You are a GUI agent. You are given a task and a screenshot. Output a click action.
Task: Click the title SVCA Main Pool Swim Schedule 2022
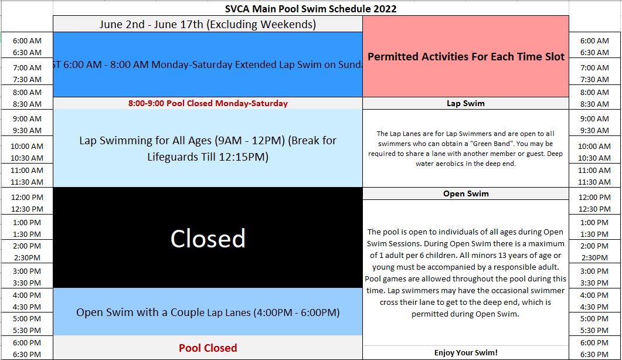[311, 9]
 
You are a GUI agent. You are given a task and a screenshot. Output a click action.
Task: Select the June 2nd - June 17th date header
[208, 24]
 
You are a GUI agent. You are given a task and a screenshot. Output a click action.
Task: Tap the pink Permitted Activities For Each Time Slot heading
[465, 57]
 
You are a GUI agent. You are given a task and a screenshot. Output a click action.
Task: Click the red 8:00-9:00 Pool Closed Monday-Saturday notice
[208, 103]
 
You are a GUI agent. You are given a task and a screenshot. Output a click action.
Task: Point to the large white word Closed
[208, 239]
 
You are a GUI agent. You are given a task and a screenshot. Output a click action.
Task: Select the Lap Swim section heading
[465, 103]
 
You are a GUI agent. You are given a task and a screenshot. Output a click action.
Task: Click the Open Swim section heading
[465, 193]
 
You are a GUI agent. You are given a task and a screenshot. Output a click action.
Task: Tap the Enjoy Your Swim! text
[465, 352]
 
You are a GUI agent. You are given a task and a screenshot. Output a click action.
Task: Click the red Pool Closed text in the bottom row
[208, 348]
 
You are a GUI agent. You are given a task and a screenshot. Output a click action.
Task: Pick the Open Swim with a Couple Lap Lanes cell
[208, 313]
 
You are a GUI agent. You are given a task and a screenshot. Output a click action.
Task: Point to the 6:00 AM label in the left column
[27, 40]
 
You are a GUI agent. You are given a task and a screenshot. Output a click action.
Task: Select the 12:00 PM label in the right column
[594, 197]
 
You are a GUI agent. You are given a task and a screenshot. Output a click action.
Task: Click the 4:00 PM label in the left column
[27, 295]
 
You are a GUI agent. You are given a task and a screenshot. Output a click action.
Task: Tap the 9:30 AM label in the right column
[594, 130]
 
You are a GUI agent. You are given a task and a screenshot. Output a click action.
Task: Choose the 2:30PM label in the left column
[27, 257]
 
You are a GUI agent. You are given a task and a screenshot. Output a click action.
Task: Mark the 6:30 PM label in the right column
[594, 355]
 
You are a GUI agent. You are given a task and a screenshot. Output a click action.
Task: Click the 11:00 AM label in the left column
[27, 170]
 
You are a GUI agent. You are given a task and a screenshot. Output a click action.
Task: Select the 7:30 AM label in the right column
[594, 79]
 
